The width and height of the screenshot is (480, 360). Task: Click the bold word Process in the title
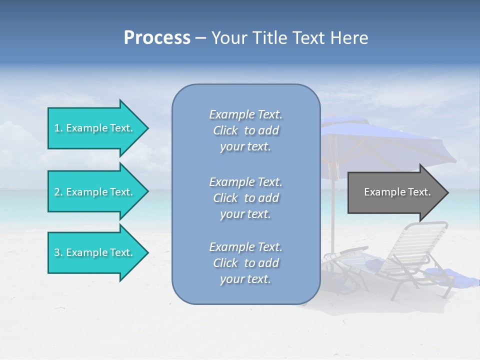pyautogui.click(x=157, y=38)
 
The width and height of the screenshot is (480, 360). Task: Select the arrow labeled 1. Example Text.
pyautogui.click(x=95, y=128)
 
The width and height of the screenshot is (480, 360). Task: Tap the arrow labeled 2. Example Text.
pyautogui.click(x=95, y=192)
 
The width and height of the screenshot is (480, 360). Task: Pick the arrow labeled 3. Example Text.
pyautogui.click(x=95, y=252)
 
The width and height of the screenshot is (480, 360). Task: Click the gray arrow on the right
pyautogui.click(x=395, y=192)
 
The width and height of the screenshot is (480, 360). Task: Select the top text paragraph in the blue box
pyautogui.click(x=245, y=130)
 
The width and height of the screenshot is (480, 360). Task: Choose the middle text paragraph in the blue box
pyautogui.click(x=245, y=198)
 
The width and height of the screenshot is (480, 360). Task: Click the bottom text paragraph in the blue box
pyautogui.click(x=245, y=263)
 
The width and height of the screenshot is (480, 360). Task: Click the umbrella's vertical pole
pyautogui.click(x=332, y=210)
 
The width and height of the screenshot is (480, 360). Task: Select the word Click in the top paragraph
pyautogui.click(x=225, y=130)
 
